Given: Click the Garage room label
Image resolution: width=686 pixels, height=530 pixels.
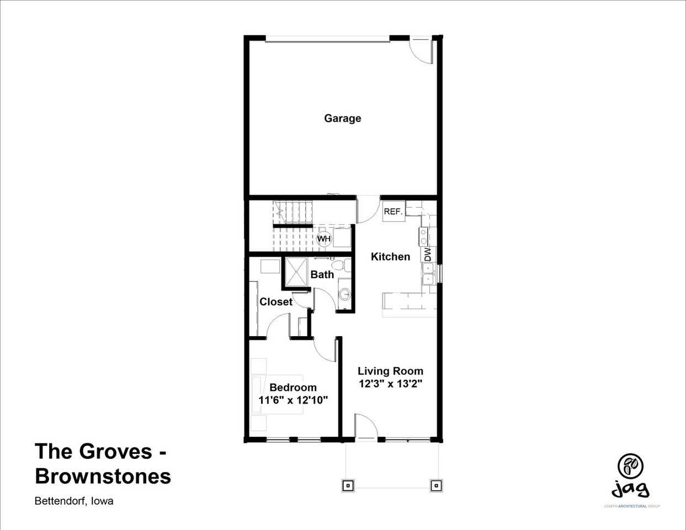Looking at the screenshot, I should pos(342,118).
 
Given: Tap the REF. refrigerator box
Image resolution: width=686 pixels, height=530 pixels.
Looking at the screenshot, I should pos(392,211).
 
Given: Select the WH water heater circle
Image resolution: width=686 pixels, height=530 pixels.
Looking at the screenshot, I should pos(323,239).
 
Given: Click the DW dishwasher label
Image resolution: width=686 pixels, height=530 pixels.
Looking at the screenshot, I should pos(428,254).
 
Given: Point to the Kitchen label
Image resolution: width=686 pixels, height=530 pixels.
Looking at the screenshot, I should pos(390,257).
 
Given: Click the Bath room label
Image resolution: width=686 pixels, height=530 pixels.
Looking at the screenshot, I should pos(322,274).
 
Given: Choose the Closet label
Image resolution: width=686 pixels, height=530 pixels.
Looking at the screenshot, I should pos(276,302).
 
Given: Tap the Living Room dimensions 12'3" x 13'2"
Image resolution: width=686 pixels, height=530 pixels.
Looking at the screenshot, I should pos(390,384).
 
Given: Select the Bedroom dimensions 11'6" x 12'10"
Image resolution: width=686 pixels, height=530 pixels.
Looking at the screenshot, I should pos(293,400).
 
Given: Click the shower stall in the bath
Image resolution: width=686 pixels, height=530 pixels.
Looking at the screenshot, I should pos(297,272).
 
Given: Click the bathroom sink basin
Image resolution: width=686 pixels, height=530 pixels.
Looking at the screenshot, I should pos(345,294).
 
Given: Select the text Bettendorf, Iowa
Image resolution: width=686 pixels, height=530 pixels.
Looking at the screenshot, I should pos(74,501).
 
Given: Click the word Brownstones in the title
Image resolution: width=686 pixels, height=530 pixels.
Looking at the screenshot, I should pos(103,476).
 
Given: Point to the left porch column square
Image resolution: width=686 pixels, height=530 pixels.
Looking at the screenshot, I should pos(348,485).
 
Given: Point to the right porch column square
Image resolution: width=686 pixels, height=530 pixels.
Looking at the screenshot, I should pos(435,485).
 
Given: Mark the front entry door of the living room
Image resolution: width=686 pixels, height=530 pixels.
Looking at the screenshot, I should pos(365,427).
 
